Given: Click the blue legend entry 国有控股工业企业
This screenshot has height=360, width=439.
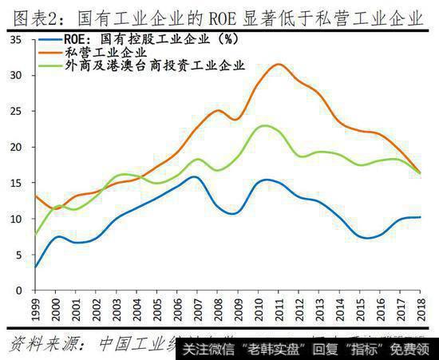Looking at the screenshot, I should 128,38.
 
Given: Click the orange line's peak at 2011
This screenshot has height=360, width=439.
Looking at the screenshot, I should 278,65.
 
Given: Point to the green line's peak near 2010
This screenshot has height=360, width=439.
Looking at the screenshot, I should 263,125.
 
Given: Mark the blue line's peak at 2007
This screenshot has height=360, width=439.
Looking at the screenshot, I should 196,177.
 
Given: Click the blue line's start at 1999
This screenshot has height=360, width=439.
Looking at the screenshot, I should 34,267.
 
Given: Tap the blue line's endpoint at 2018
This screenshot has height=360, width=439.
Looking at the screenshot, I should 420,217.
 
